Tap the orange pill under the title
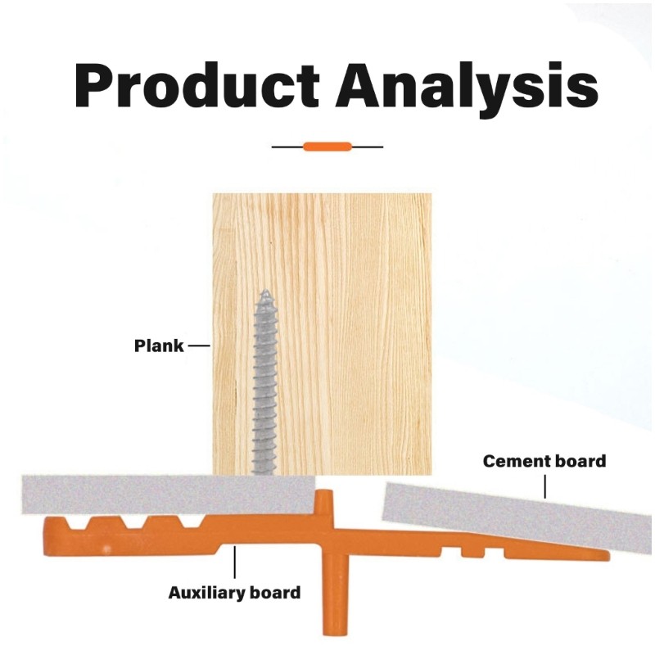click(327, 147)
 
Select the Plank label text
click(158, 346)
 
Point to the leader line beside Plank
click(200, 346)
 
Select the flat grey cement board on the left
click(164, 495)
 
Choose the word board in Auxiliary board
click(278, 591)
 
